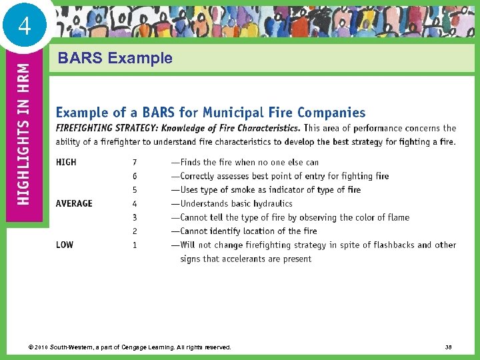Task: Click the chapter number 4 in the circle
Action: click(x=25, y=27)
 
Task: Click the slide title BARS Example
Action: click(x=115, y=58)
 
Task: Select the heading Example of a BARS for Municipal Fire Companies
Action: click(x=211, y=113)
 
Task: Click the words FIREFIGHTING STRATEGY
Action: click(x=101, y=128)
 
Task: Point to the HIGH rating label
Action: click(x=66, y=162)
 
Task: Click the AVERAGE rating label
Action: click(x=74, y=203)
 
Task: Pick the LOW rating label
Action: click(x=65, y=245)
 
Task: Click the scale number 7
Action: click(x=135, y=162)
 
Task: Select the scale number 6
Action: click(x=135, y=176)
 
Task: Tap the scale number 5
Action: click(x=135, y=190)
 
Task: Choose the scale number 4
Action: click(x=135, y=203)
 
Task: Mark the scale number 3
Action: click(x=135, y=217)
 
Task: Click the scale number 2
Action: click(x=135, y=231)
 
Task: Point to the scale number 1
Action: click(x=135, y=245)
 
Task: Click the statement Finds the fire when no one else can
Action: click(x=245, y=162)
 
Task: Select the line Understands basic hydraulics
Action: click(x=231, y=203)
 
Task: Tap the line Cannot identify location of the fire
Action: click(x=244, y=231)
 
